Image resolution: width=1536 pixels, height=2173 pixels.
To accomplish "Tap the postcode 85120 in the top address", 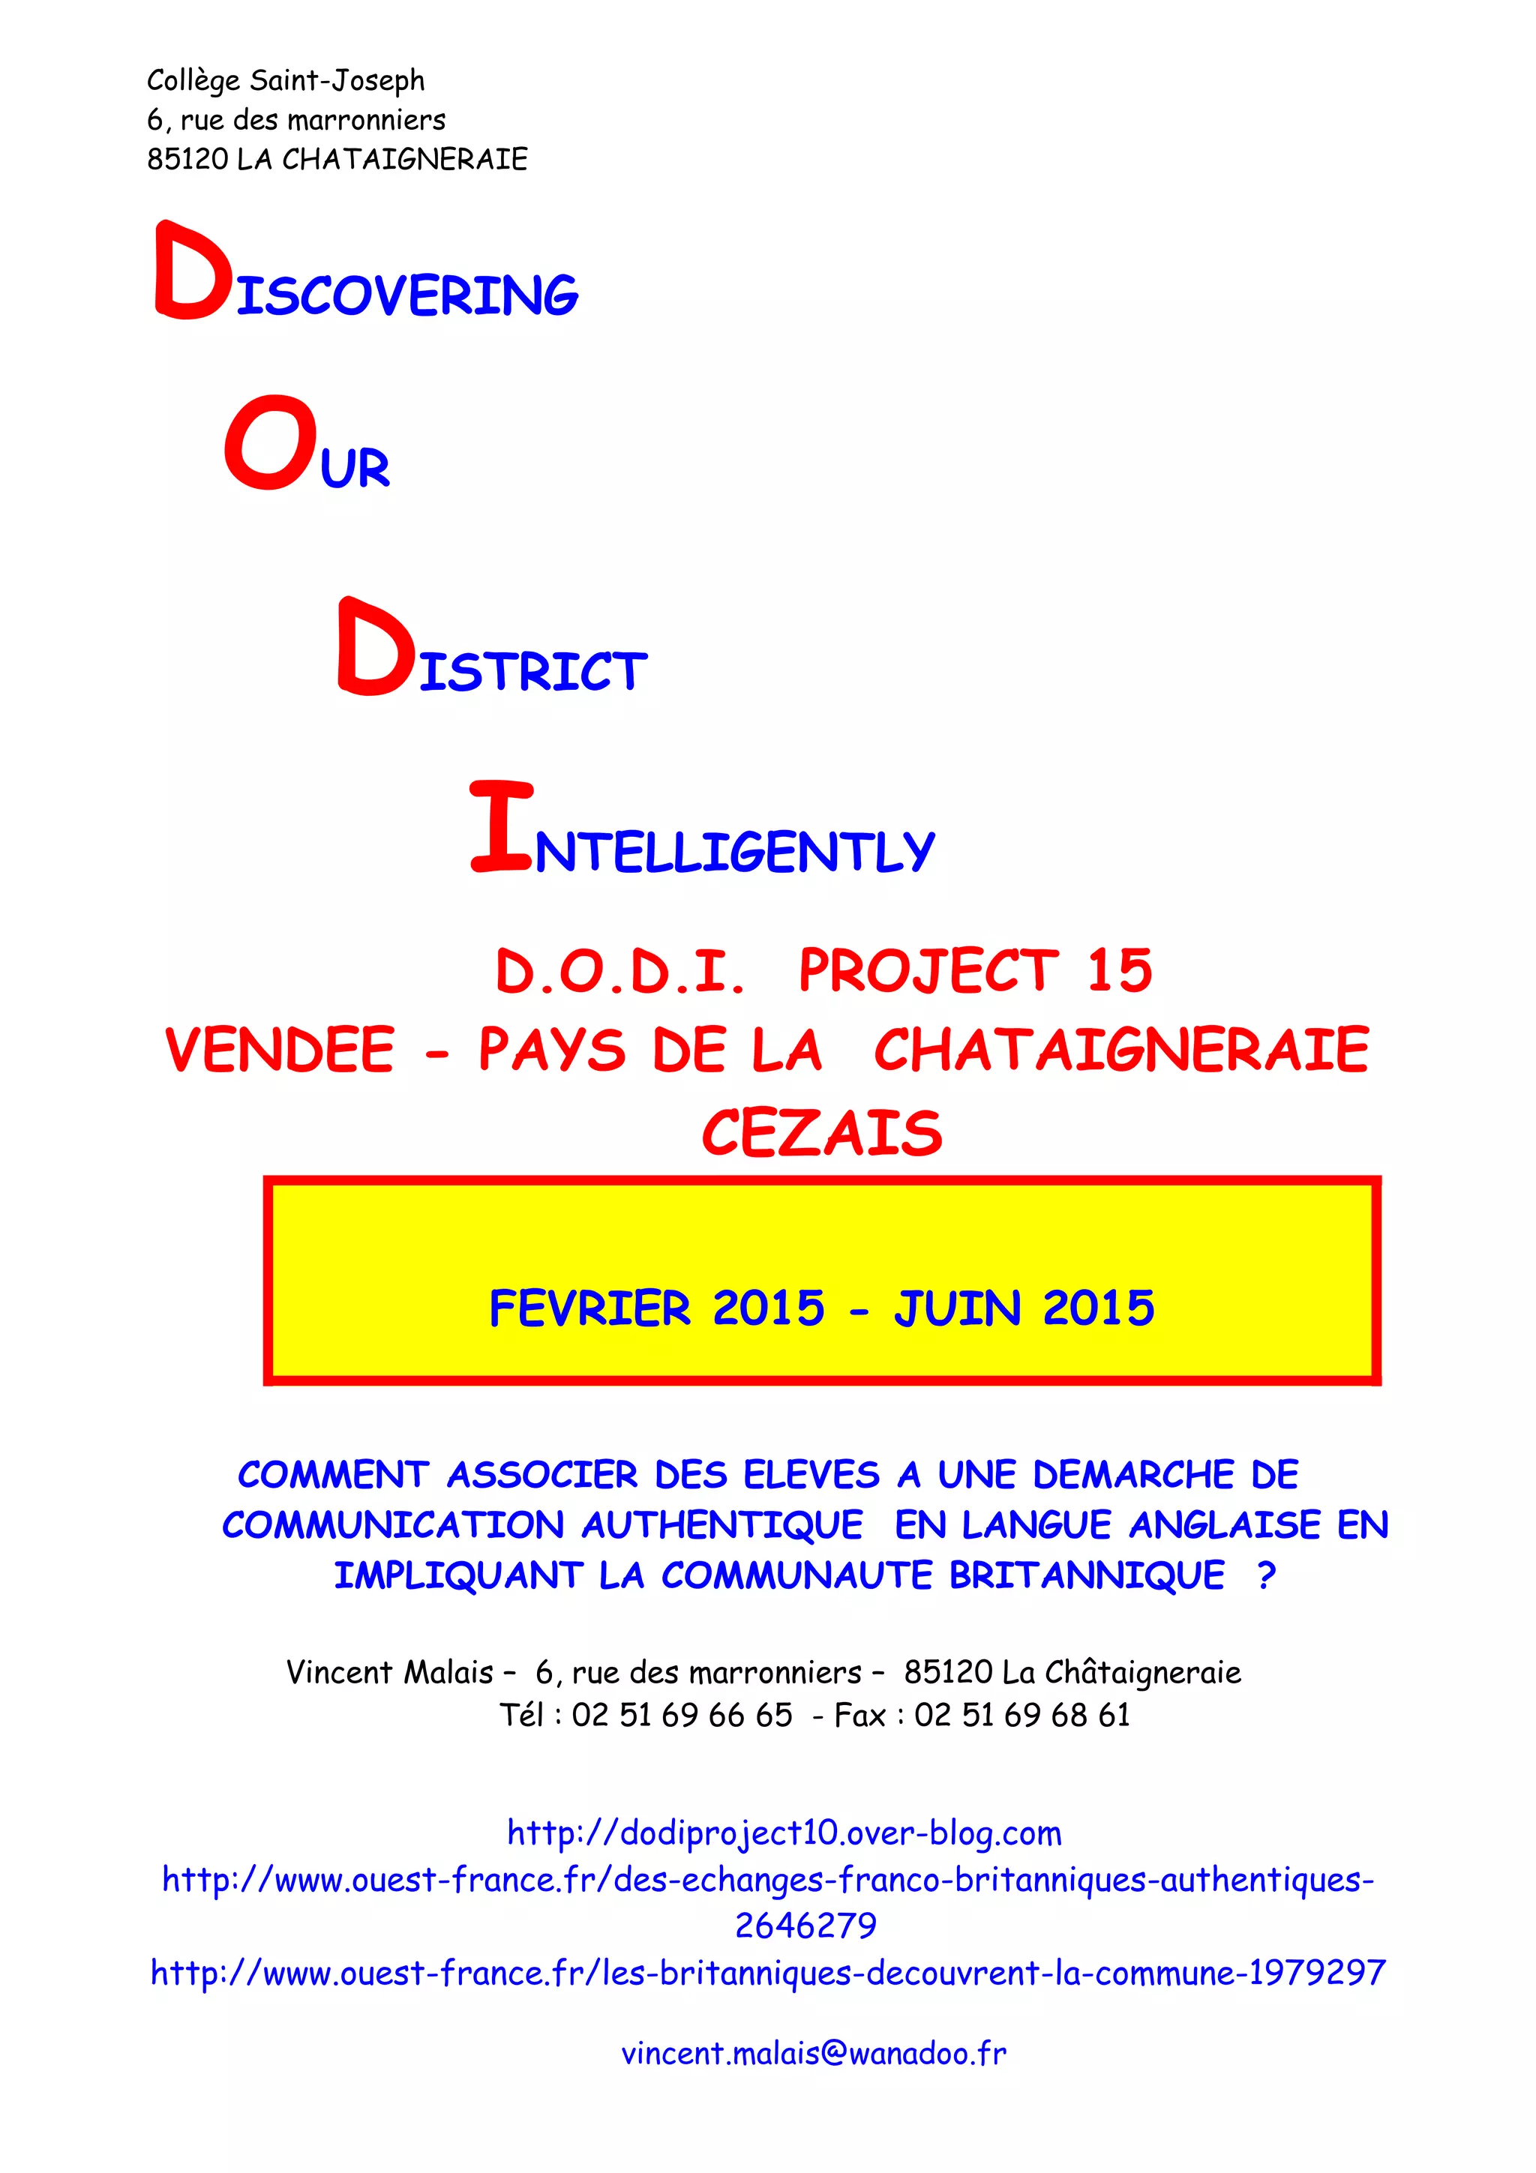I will click(x=187, y=159).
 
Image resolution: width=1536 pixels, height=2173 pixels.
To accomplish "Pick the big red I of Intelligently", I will click(x=502, y=826).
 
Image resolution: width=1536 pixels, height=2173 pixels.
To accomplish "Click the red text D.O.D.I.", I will click(x=620, y=971).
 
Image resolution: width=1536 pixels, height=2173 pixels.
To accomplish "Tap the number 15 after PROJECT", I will click(x=1119, y=971).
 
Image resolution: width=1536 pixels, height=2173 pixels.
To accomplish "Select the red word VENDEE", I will click(x=279, y=1051).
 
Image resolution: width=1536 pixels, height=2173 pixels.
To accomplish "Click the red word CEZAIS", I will click(x=821, y=1133).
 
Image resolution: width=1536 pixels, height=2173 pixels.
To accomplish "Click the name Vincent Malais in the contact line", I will click(x=390, y=1672).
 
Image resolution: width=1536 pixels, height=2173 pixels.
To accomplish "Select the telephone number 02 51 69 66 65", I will click(x=682, y=1715).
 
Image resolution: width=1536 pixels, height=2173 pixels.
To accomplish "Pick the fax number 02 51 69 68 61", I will click(x=1022, y=1715).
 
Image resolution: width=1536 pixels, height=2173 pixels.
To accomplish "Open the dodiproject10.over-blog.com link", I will click(x=784, y=1833).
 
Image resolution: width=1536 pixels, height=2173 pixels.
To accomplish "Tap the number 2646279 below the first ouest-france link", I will click(x=806, y=1925).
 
